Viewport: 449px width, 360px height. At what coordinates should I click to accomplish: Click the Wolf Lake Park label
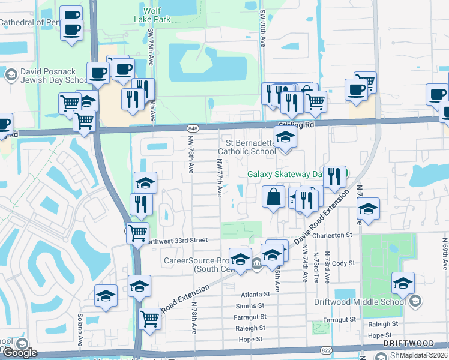(x=158, y=15)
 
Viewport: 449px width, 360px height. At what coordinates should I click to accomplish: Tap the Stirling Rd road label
(x=297, y=125)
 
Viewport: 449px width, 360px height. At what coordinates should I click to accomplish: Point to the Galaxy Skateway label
(x=285, y=175)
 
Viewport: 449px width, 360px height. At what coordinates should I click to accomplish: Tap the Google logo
(x=20, y=353)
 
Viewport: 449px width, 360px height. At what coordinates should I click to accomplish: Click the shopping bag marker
(x=274, y=197)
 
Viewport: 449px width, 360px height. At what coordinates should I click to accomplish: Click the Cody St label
(x=343, y=263)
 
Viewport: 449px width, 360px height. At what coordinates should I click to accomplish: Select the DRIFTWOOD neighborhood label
(x=409, y=343)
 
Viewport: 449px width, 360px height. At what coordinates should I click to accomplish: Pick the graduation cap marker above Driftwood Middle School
(x=403, y=283)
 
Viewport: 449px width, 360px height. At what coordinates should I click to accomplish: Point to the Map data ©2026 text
(x=423, y=355)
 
